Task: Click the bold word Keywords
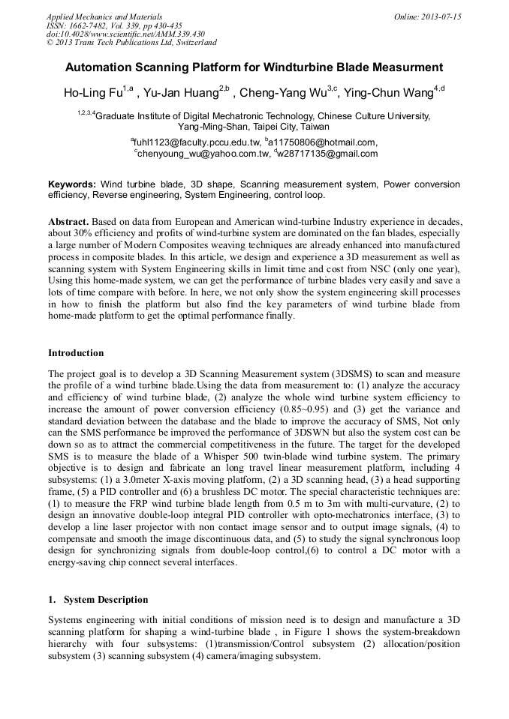(72, 184)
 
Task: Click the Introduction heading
(76, 352)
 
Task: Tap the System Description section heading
(106, 600)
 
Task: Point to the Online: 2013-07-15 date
(428, 16)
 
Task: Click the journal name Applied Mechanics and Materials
(104, 16)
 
